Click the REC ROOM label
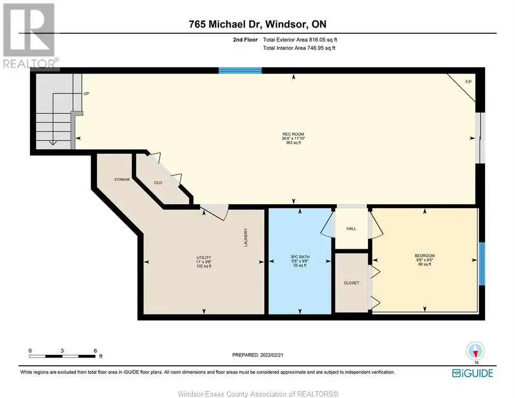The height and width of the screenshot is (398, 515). pyautogui.click(x=293, y=134)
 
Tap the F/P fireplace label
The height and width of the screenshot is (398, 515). pyautogui.click(x=468, y=81)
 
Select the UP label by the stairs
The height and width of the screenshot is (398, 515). pyautogui.click(x=87, y=94)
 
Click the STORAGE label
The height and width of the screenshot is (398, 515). pyautogui.click(x=122, y=179)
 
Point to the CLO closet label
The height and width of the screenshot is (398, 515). pyautogui.click(x=158, y=183)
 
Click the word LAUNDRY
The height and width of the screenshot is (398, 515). pyautogui.click(x=246, y=238)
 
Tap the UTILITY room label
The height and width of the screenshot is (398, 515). pyautogui.click(x=204, y=258)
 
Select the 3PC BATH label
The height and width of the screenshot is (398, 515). pyautogui.click(x=300, y=257)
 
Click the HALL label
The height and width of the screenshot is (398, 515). pyautogui.click(x=351, y=229)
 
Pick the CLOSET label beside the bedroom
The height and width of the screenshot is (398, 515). pyautogui.click(x=351, y=282)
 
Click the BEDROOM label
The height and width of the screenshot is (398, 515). pyautogui.click(x=425, y=255)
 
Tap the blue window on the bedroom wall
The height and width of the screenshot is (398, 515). pyautogui.click(x=481, y=264)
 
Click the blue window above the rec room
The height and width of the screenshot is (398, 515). pyautogui.click(x=240, y=70)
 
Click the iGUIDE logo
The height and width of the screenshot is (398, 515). pyautogui.click(x=473, y=373)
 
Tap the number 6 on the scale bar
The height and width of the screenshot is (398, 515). pyautogui.click(x=95, y=351)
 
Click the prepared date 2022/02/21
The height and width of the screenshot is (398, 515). pyautogui.click(x=271, y=355)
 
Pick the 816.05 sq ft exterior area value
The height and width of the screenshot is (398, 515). pyautogui.click(x=323, y=40)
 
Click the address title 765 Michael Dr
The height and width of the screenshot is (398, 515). pyautogui.click(x=225, y=24)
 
